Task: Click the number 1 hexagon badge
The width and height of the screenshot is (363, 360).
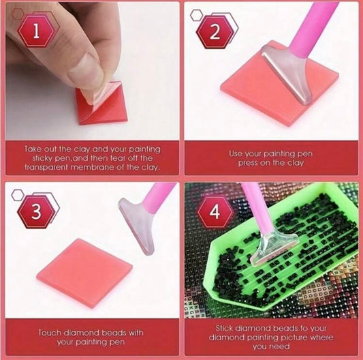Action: [x=36, y=31]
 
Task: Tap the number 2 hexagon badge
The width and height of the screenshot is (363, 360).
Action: [x=215, y=31]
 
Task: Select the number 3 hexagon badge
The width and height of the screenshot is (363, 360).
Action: [x=36, y=211]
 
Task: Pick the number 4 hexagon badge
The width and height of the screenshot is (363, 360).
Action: [x=215, y=211]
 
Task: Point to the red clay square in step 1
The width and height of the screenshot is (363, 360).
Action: [x=102, y=103]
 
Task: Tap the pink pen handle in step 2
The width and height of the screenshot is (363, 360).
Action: [x=313, y=25]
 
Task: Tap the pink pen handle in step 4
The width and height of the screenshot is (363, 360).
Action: [x=255, y=207]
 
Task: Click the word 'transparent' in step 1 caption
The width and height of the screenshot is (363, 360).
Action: [x=46, y=167]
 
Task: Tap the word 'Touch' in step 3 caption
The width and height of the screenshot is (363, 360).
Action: [x=50, y=333]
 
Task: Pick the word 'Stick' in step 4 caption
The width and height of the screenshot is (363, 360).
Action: [x=224, y=328]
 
